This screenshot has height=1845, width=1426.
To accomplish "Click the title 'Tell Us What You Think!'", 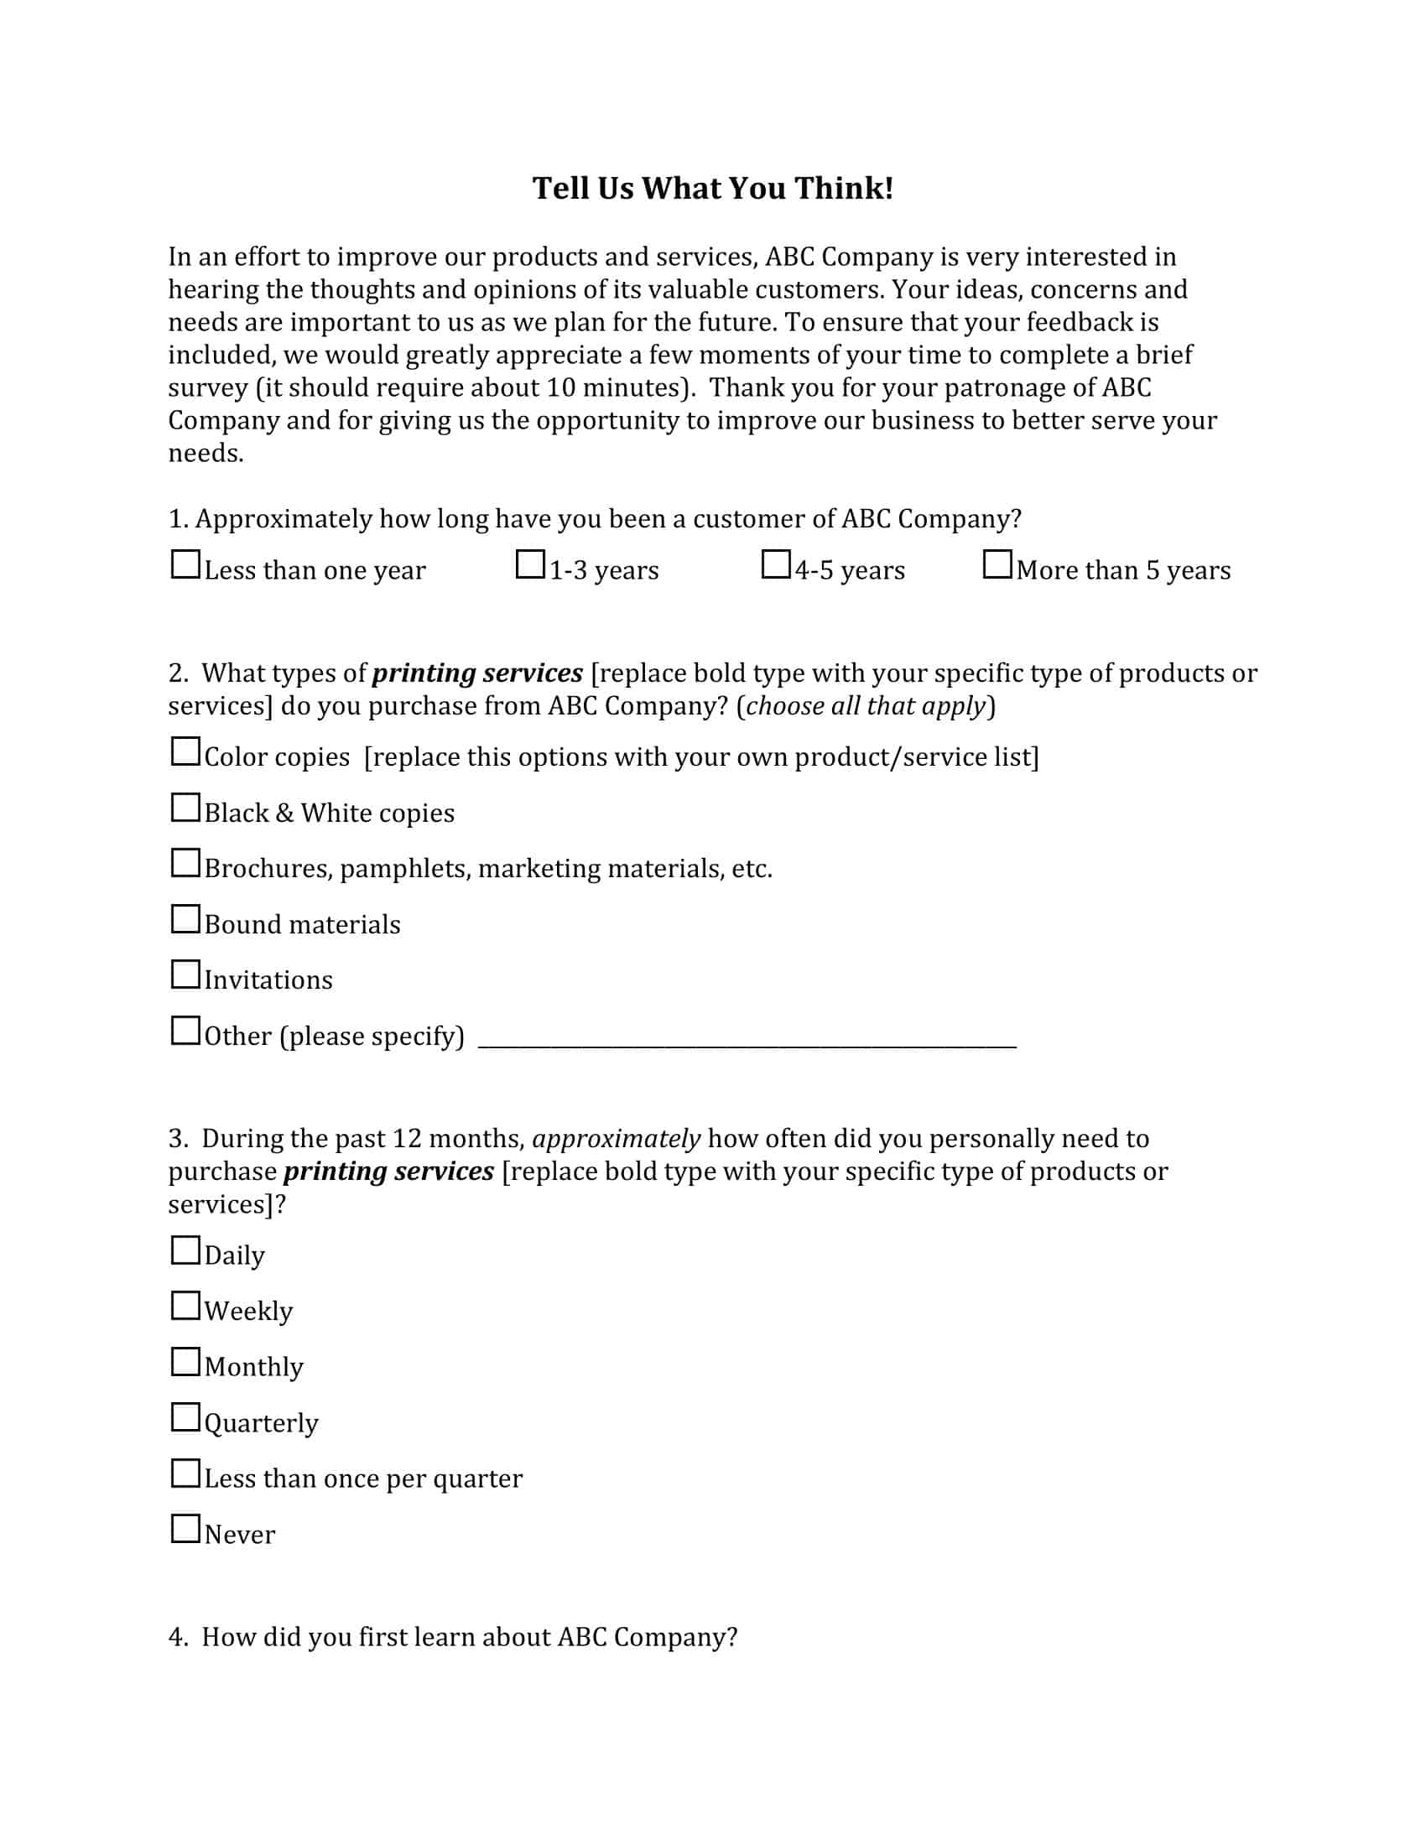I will (x=712, y=188).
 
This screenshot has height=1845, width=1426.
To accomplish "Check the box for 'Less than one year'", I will (x=185, y=564).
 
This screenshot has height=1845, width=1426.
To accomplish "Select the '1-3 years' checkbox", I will (x=530, y=564).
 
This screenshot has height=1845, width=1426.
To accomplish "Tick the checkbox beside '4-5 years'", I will (x=776, y=564).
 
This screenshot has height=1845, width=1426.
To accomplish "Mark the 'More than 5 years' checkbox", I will (x=997, y=564).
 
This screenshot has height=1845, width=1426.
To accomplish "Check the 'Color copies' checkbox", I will (x=185, y=751).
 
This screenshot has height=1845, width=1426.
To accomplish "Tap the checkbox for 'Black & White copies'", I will (x=185, y=808).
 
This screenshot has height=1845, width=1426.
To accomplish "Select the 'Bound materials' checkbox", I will (x=185, y=919).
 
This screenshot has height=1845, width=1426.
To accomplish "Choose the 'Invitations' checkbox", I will (x=185, y=974).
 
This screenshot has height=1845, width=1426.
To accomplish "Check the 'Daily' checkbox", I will (x=185, y=1250).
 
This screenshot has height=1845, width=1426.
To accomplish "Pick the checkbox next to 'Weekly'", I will (x=185, y=1306).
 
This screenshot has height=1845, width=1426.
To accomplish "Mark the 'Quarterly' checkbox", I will (x=185, y=1417).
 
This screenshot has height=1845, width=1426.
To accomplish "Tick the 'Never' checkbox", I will (x=185, y=1529).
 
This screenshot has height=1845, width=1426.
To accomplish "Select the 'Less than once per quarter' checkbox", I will (x=185, y=1473).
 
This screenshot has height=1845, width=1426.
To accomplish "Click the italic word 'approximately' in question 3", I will (x=616, y=1139).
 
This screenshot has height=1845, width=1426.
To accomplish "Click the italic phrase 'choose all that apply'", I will (x=866, y=705).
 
